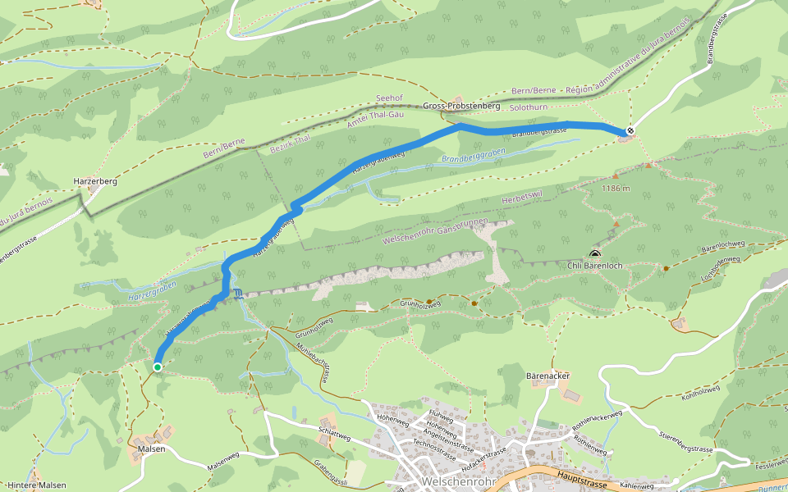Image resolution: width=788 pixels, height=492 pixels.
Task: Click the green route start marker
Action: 157,367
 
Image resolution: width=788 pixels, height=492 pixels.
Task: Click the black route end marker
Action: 630,131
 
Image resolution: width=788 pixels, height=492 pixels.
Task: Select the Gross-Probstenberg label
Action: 462,107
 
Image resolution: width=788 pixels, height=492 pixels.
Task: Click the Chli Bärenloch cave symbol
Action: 593,255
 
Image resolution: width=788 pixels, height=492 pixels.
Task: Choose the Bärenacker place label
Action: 547,376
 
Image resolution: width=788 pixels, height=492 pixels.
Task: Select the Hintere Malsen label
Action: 36,485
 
